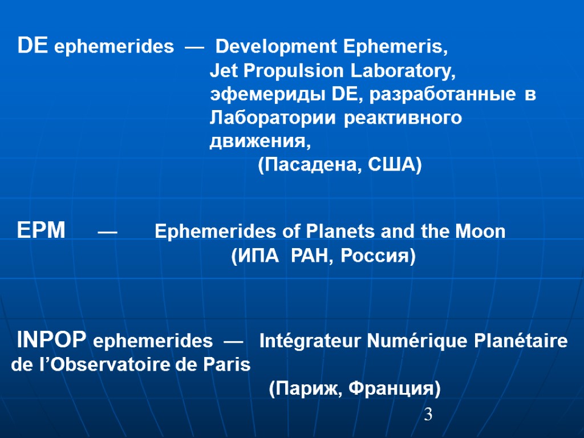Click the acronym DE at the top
33,46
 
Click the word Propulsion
295,71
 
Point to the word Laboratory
403,71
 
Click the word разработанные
441,95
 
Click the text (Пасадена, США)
340,165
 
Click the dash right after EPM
108,232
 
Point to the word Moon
482,232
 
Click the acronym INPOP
52,341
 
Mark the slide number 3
428,415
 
